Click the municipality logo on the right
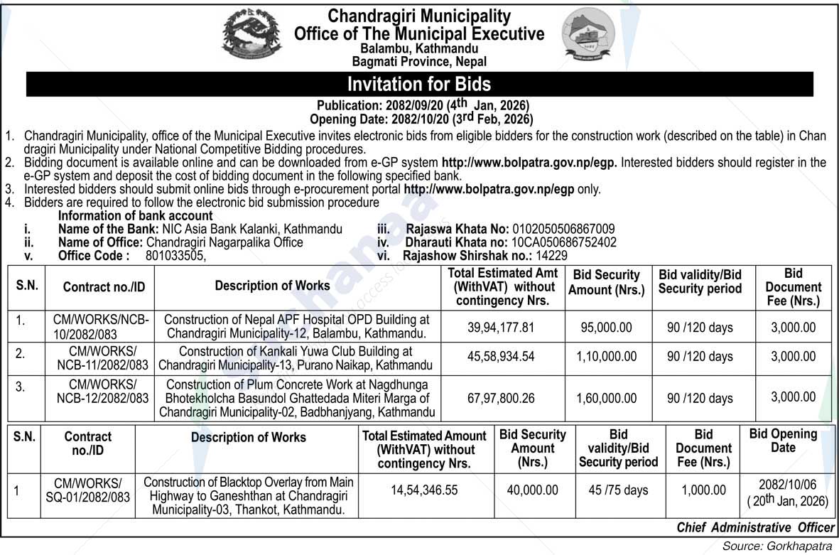[589, 37]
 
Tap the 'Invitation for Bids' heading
[419, 85]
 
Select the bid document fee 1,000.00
[703, 490]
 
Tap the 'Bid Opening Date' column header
[783, 441]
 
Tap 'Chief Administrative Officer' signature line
[755, 527]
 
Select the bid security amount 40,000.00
[532, 490]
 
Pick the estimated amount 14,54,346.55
[424, 490]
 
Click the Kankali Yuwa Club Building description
[295, 357]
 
